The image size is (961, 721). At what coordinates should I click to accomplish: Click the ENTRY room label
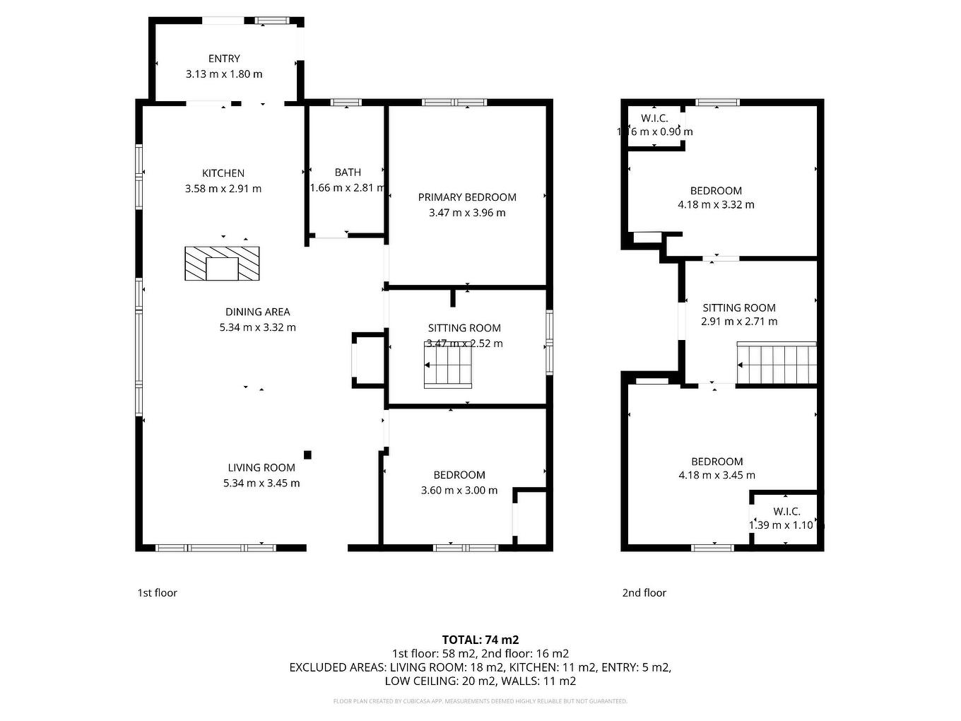coord(224,59)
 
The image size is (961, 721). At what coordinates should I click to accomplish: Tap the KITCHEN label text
coord(223,173)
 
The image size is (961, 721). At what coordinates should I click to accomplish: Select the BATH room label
coord(348,172)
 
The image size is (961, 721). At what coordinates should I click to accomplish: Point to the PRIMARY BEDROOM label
coord(467,197)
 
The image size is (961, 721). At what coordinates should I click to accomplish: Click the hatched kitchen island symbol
coord(222,263)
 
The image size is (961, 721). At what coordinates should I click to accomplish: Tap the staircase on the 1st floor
coord(448,365)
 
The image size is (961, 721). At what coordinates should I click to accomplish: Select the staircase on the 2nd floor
coord(777,364)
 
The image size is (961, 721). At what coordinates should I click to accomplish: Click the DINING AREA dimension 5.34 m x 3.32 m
coord(258,327)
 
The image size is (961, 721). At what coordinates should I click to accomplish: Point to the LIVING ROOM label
coord(261,467)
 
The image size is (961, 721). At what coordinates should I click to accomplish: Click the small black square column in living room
coord(307,455)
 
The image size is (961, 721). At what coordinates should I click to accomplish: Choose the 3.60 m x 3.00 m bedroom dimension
coord(459,491)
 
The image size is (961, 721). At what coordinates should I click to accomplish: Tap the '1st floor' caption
coord(157,593)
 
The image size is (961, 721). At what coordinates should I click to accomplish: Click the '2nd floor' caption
coord(644,593)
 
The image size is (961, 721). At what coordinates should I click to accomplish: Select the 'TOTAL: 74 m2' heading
coord(481,640)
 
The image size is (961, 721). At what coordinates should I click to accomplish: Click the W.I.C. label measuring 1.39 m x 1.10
coord(786,512)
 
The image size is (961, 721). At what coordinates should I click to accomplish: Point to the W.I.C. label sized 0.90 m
coord(654,118)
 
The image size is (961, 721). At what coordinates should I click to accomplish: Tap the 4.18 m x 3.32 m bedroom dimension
coord(716,205)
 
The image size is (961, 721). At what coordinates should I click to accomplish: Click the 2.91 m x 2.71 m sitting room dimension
coord(739,322)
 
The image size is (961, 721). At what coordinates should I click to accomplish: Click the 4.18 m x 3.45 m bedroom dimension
coord(717,476)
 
